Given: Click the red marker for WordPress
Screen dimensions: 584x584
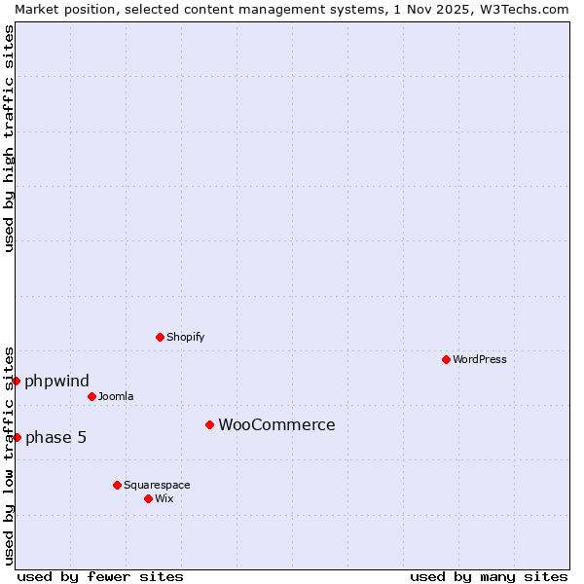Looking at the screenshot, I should tap(446, 359).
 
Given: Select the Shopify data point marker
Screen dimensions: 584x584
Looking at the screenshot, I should tap(160, 337).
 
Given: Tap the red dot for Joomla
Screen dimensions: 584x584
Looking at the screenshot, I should tap(91, 396).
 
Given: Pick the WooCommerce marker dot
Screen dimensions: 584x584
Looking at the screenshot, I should tap(209, 424).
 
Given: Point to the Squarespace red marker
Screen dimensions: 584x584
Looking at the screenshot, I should tap(117, 485).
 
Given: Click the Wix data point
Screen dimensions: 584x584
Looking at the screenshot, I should tap(148, 498).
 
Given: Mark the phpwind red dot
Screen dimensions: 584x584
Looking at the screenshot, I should tap(17, 381).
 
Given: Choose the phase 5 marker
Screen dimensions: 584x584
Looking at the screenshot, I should tap(17, 437).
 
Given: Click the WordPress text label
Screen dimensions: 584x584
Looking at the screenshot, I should tap(480, 359).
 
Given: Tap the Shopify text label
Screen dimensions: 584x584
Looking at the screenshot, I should tap(186, 337).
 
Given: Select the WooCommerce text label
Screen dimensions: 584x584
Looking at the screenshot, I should tap(276, 424).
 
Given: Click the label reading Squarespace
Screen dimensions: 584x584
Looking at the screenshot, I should tap(157, 485).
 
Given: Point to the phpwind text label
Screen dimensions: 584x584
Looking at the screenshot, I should tap(56, 381).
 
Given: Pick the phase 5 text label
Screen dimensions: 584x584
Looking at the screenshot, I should tap(55, 437).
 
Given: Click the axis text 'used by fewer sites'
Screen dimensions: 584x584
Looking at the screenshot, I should tap(100, 576).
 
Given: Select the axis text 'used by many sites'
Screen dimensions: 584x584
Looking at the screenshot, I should tap(489, 576).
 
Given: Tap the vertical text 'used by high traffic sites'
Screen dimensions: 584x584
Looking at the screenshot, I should tap(9, 138).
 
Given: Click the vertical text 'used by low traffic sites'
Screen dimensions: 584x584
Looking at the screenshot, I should tap(9, 455).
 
